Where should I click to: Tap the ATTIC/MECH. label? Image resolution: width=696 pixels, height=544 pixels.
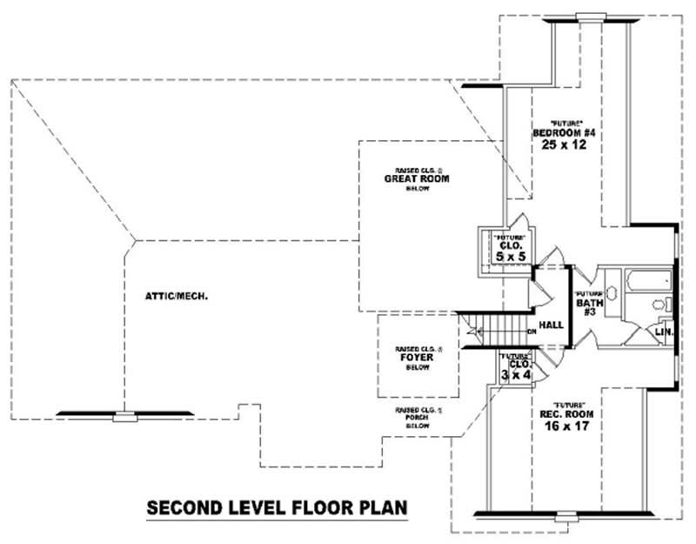click(x=176, y=295)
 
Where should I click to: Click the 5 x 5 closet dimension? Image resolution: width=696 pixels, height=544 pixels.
click(x=506, y=257)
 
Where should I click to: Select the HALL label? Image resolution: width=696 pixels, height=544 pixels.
click(x=551, y=325)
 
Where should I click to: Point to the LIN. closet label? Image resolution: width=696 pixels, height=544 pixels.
click(x=663, y=332)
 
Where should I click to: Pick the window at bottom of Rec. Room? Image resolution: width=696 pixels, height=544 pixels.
click(x=565, y=520)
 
